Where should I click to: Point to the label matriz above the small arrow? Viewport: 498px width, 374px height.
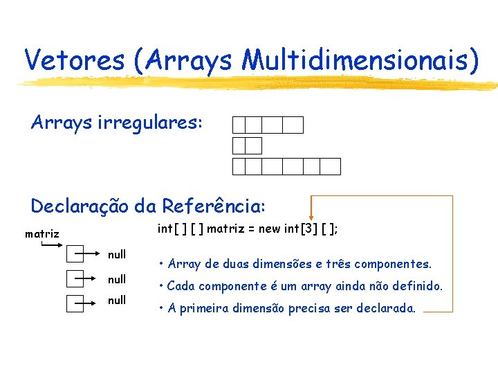coord(41,234)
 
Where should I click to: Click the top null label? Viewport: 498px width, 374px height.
coord(117,254)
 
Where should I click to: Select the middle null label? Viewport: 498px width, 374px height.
coord(117,279)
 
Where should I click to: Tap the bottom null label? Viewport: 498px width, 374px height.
coord(117,301)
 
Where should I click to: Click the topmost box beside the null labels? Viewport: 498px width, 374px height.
coord(75,255)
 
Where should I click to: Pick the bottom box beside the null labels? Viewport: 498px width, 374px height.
coord(75,303)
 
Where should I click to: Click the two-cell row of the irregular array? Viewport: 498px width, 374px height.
coord(247,145)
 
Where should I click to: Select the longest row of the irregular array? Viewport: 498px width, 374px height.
coord(286,166)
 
